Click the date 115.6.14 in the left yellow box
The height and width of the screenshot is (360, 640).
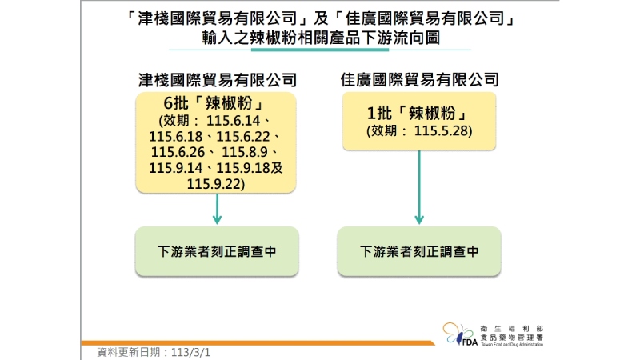(233, 121)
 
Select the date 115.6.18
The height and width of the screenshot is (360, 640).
(175, 136)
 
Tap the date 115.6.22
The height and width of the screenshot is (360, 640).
(243, 136)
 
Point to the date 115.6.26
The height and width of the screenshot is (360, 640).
(178, 152)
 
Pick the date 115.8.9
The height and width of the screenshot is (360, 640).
(245, 152)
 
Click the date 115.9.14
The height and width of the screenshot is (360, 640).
(175, 168)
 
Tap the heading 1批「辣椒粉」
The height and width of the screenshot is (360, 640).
(418, 113)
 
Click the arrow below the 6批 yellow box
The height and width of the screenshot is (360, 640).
(217, 209)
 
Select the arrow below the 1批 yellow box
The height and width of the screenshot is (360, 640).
(419, 187)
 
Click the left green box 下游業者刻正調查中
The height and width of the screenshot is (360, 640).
(217, 251)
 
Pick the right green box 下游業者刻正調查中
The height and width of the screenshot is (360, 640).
(419, 251)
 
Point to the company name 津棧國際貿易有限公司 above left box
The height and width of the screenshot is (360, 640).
(217, 80)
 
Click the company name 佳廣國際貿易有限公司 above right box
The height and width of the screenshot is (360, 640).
(419, 79)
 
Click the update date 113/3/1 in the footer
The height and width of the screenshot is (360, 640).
(190, 352)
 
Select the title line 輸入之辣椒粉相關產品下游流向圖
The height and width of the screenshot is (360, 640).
(321, 38)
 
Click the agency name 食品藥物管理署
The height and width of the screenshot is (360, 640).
(512, 338)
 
